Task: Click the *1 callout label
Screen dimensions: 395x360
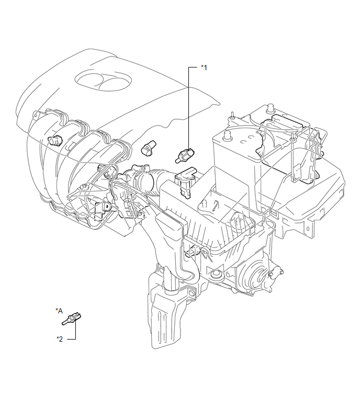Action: coord(204,67)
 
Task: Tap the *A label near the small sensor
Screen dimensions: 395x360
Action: coord(59,310)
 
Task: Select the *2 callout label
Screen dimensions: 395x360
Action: coord(60,338)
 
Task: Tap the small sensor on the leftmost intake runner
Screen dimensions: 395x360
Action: coord(53,140)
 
